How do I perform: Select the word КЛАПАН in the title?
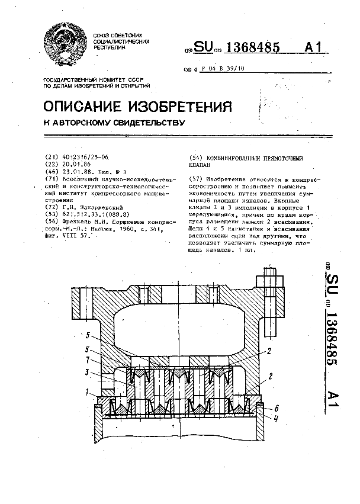[201, 165]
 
